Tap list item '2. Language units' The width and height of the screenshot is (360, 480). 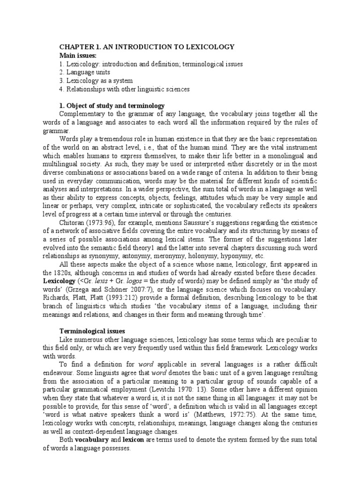point(85,73)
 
